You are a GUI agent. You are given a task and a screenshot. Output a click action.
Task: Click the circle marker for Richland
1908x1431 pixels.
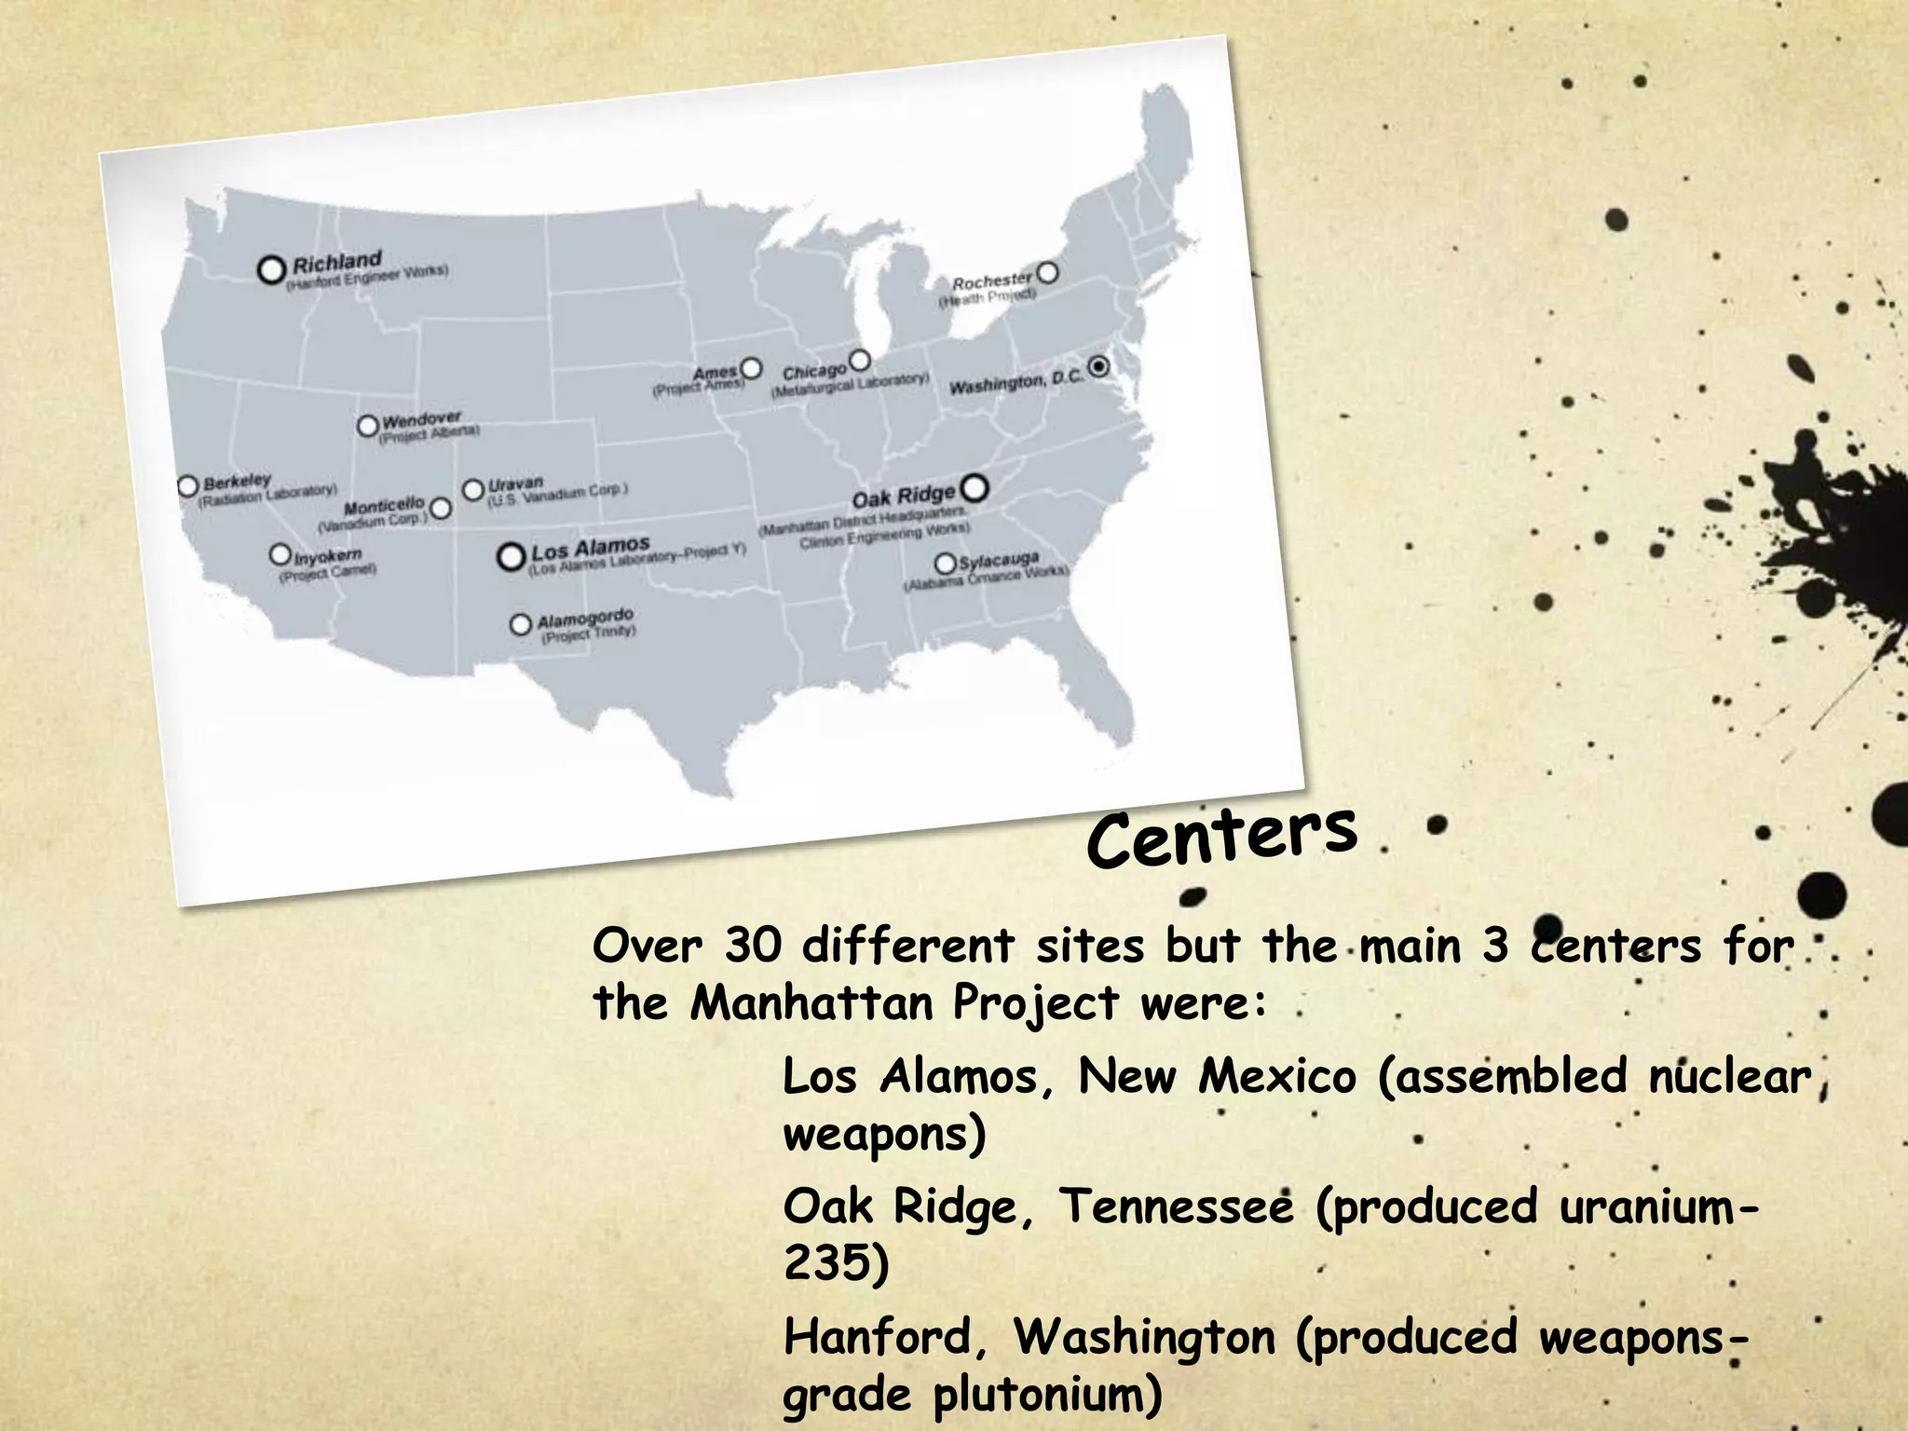click(271, 270)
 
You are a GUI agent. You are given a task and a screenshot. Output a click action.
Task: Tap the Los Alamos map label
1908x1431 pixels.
click(590, 548)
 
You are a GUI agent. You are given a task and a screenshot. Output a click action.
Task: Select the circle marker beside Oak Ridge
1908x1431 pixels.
click(974, 487)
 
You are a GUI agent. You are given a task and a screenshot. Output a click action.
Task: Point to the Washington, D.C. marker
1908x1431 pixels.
click(1099, 366)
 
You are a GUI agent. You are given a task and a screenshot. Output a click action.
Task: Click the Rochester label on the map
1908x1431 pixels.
click(991, 279)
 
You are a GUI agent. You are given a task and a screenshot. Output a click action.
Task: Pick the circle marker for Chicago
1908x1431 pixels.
click(860, 360)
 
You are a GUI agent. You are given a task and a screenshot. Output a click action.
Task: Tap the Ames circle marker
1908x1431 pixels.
click(751, 368)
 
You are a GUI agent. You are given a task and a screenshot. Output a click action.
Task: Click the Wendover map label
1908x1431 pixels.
click(421, 419)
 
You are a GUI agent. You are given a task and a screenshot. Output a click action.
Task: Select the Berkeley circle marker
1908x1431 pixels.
click(188, 485)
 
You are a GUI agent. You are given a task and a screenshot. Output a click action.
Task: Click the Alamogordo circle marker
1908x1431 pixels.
click(521, 623)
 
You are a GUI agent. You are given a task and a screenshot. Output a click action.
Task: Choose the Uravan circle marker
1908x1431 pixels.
click(473, 489)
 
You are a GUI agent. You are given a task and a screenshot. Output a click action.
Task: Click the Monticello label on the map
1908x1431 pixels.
click(384, 507)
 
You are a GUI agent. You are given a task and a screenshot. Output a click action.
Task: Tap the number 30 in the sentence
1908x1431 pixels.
click(753, 946)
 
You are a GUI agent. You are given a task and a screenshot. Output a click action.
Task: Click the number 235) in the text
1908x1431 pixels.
click(836, 1264)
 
